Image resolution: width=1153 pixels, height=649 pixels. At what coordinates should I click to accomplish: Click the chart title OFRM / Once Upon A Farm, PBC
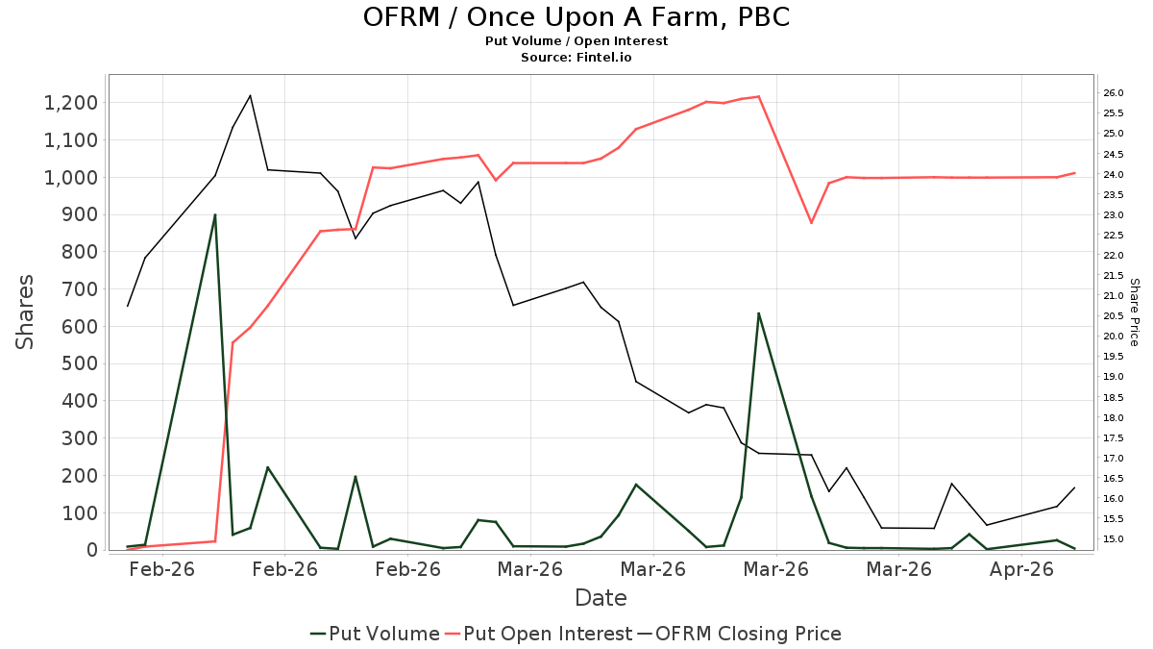tap(576, 17)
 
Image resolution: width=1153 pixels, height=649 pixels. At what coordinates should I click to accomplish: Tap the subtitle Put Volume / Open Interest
tap(576, 41)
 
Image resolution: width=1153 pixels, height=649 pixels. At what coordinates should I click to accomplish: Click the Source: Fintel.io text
tap(576, 57)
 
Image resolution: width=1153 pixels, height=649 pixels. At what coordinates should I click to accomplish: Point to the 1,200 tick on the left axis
tap(70, 103)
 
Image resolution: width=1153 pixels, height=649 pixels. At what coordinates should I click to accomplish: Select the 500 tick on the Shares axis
tap(79, 363)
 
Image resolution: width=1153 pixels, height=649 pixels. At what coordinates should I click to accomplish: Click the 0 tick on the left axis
tap(92, 550)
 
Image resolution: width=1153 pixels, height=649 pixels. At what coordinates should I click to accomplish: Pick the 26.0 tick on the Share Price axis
tap(1113, 93)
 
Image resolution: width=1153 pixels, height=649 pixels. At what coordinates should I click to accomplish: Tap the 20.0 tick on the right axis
tap(1113, 337)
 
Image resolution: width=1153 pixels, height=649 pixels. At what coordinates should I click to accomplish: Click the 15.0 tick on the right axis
tap(1113, 539)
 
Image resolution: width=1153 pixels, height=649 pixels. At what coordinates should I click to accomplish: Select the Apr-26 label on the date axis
tap(1021, 569)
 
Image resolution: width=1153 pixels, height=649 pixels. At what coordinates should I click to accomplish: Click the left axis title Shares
tap(24, 312)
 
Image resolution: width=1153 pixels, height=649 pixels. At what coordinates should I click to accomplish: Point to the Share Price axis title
tap(1134, 312)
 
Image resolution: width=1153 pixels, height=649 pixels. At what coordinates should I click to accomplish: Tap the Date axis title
tap(601, 598)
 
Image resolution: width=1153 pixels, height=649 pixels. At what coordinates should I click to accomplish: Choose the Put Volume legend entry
tap(375, 634)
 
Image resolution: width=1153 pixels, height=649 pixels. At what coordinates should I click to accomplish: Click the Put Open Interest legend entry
tap(539, 634)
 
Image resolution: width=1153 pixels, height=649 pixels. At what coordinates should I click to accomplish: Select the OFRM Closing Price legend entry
tap(739, 634)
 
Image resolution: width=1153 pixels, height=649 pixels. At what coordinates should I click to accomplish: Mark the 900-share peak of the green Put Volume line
tap(215, 214)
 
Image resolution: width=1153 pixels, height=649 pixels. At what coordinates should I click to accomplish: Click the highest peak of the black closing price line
tap(250, 95)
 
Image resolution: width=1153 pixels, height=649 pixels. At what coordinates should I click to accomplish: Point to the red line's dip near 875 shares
tap(811, 223)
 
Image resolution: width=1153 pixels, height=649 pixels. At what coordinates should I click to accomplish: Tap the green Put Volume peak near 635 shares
tap(759, 313)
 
